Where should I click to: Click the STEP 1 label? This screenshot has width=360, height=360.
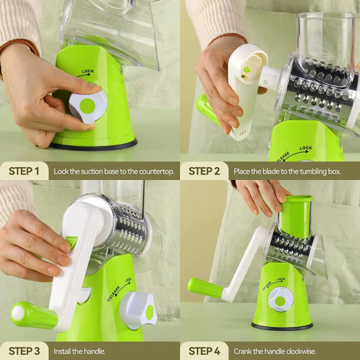[x=23, y=171]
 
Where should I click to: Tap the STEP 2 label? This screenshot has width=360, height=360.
[x=203, y=171]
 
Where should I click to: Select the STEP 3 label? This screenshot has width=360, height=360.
[x=23, y=351]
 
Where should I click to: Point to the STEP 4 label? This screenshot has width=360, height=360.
[x=203, y=351]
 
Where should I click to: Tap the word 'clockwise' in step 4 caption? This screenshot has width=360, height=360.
[x=298, y=351]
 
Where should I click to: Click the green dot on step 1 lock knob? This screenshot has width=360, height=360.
[x=87, y=106]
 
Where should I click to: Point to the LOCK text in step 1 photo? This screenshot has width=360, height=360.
[x=87, y=71]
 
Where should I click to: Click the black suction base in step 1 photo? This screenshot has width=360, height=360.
[x=95, y=145]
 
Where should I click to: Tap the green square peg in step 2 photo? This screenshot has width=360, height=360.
[x=246, y=69]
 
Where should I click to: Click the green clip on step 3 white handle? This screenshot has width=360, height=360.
[x=71, y=242]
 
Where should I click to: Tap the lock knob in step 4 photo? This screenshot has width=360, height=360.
[x=280, y=300]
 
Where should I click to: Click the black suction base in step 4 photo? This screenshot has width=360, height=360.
[x=282, y=326]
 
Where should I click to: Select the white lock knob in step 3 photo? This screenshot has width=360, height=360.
[x=139, y=310]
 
